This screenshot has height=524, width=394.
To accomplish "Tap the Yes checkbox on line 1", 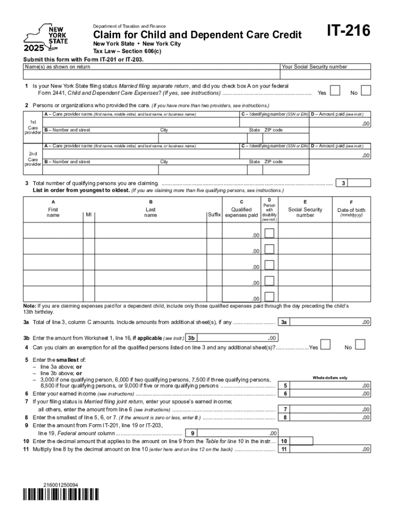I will (x=335, y=91).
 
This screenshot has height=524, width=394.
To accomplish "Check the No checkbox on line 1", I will (x=366, y=91).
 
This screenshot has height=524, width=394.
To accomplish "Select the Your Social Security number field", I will (x=325, y=75).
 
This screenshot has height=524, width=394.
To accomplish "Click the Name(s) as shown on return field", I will (x=151, y=75).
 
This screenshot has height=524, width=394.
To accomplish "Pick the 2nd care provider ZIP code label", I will (x=273, y=162).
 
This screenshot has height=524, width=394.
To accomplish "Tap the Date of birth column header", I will (x=352, y=210).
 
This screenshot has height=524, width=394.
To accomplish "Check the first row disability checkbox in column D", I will (x=269, y=233).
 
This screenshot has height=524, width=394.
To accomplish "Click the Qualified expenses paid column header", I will (x=241, y=212).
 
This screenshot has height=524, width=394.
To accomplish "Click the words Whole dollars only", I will (x=330, y=378).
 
